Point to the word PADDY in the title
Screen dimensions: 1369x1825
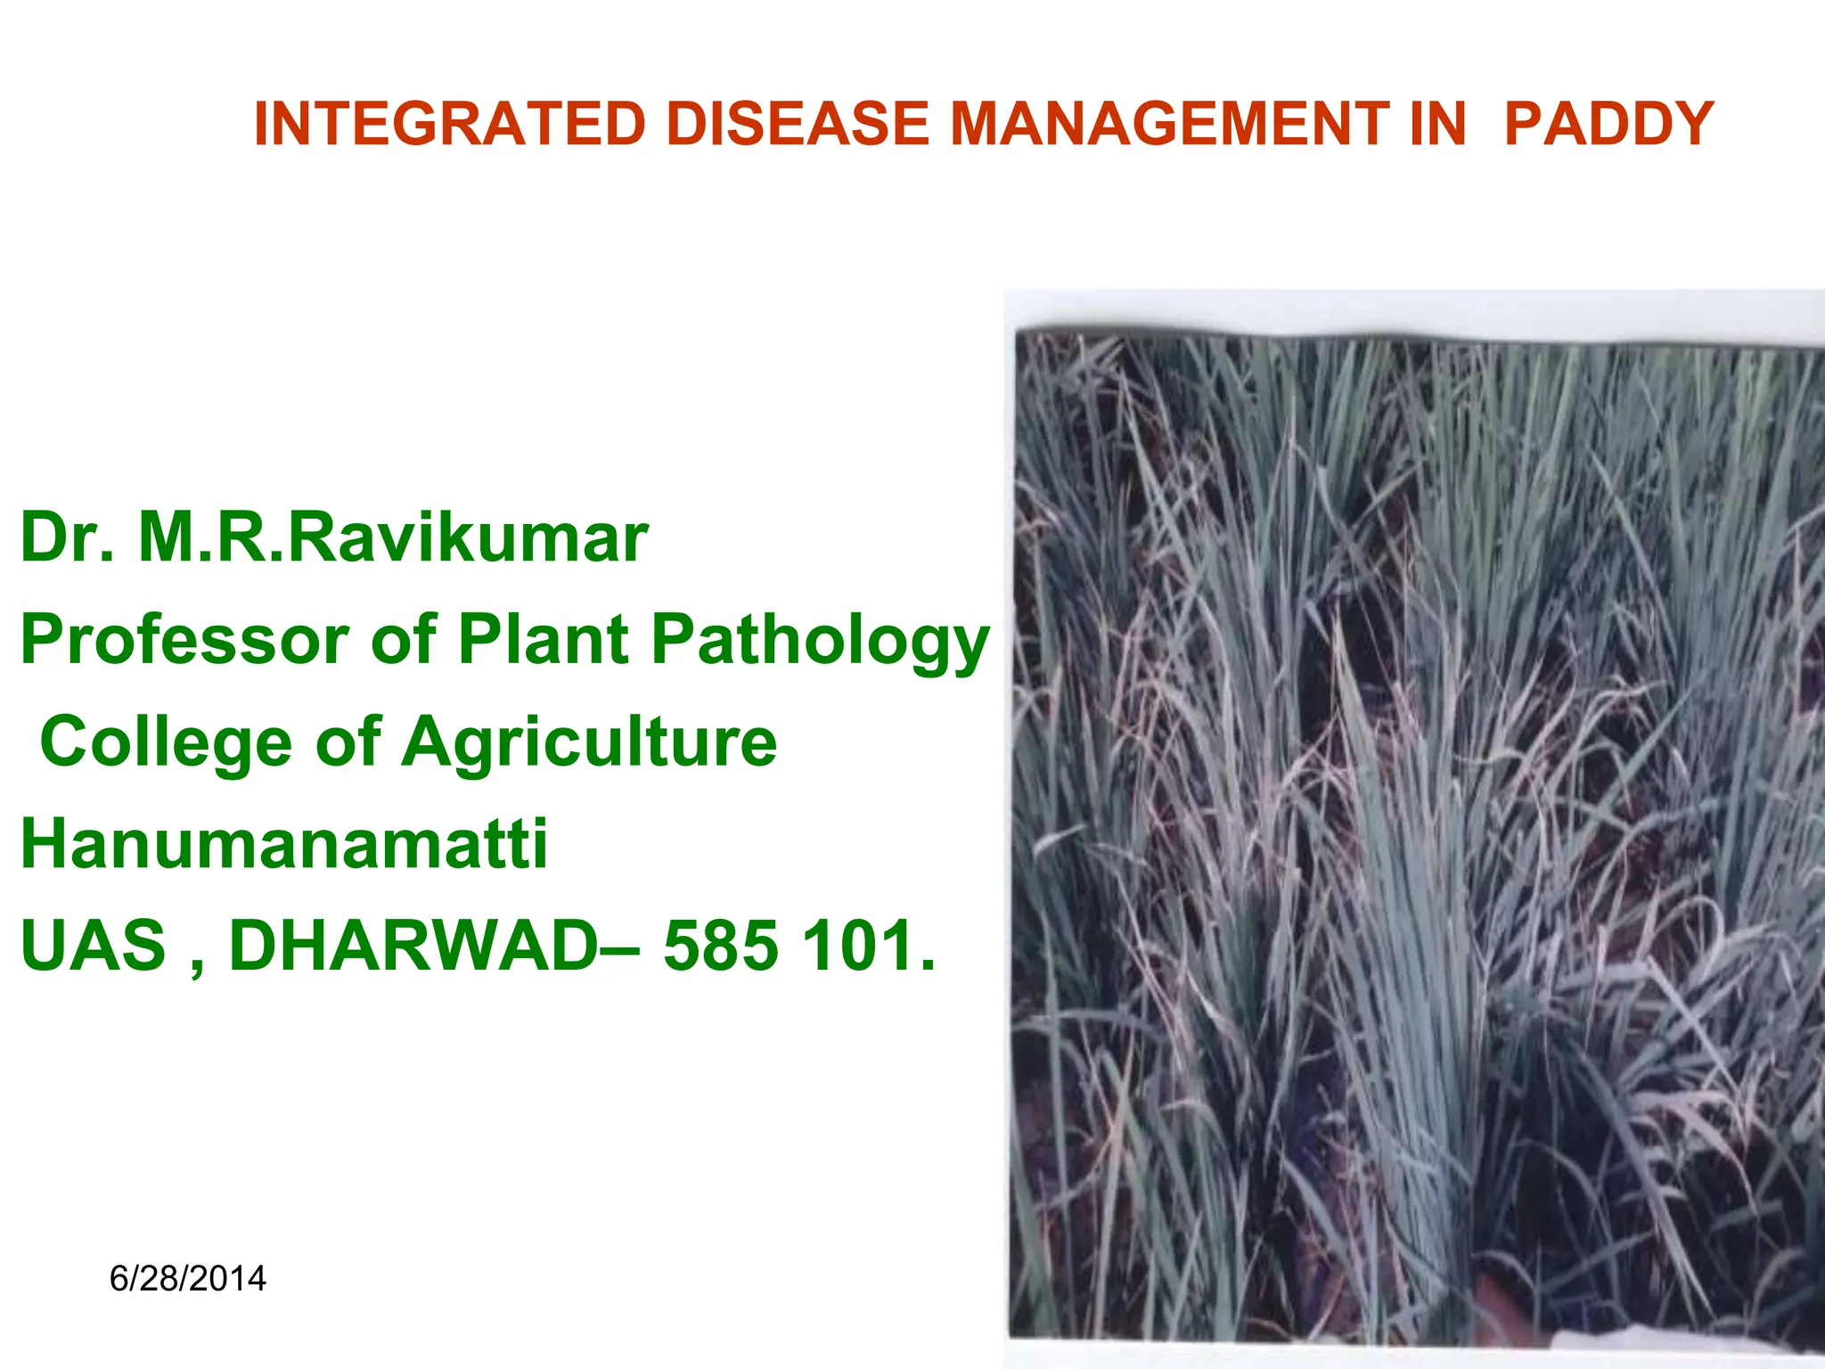[x=1608, y=124]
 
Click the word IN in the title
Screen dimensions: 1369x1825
[x=1437, y=124]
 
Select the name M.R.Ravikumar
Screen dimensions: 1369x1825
[x=393, y=538]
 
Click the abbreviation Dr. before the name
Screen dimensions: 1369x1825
[x=67, y=538]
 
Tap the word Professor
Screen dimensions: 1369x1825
[x=185, y=640]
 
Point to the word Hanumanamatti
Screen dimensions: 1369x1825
[x=284, y=844]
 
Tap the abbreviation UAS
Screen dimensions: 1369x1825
[x=94, y=946]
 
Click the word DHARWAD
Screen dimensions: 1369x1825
[x=414, y=946]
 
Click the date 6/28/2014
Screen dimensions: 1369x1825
[x=187, y=1279]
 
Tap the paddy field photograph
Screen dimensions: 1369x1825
[x=1417, y=829]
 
